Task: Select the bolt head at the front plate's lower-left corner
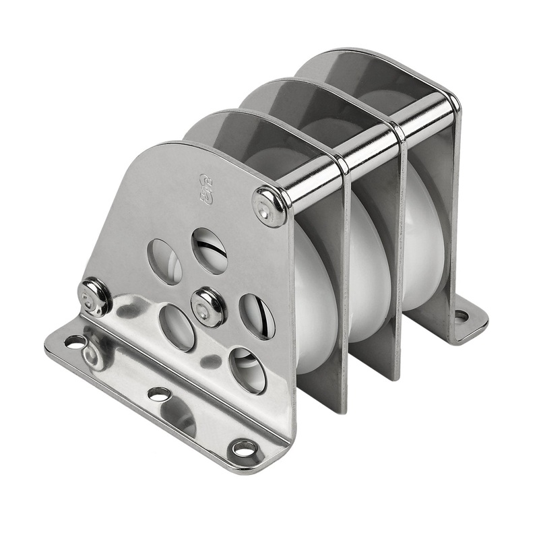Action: coord(94,297)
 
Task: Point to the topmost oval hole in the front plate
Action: coord(209,250)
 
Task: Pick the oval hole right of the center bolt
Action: coord(257,316)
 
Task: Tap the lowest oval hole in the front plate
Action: coord(247,370)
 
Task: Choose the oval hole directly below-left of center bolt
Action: coord(178,327)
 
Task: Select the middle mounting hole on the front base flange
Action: coord(158,393)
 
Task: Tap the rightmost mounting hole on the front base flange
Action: coord(243,447)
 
